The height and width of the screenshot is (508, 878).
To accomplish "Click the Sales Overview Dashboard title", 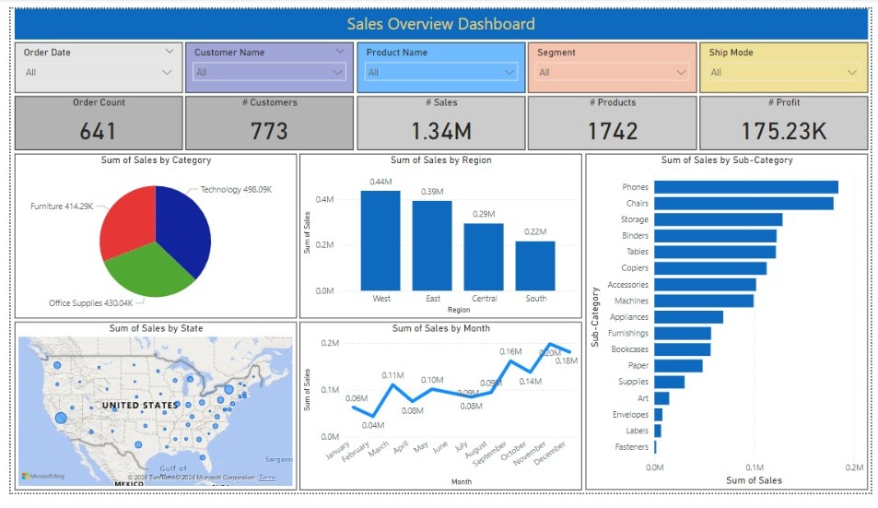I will click(x=439, y=24).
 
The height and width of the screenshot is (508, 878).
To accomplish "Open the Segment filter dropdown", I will click(x=612, y=72).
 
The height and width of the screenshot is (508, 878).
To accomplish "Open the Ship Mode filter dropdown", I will click(x=783, y=72).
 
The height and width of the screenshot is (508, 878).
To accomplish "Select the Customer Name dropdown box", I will click(x=270, y=72).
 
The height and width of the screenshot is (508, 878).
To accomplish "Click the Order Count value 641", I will click(x=98, y=131).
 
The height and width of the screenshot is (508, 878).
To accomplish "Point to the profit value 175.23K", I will click(x=783, y=131).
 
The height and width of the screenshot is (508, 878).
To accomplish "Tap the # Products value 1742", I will click(x=612, y=131).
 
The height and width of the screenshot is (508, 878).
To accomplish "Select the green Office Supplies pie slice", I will click(x=147, y=272).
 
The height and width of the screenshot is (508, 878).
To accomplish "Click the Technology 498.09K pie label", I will click(x=236, y=190).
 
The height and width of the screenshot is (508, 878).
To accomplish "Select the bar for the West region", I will click(x=380, y=241).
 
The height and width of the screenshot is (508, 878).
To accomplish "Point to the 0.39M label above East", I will click(x=432, y=192).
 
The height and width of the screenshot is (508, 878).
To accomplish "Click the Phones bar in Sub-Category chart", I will click(x=746, y=187).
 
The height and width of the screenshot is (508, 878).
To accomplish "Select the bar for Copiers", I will click(x=710, y=268).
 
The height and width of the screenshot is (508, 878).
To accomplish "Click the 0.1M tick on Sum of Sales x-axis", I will click(x=755, y=467).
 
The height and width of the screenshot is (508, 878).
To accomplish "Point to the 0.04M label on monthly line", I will click(x=373, y=425).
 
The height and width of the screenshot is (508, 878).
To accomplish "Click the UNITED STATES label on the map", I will click(x=139, y=406).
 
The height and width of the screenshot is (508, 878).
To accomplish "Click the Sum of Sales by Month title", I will click(x=440, y=328).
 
